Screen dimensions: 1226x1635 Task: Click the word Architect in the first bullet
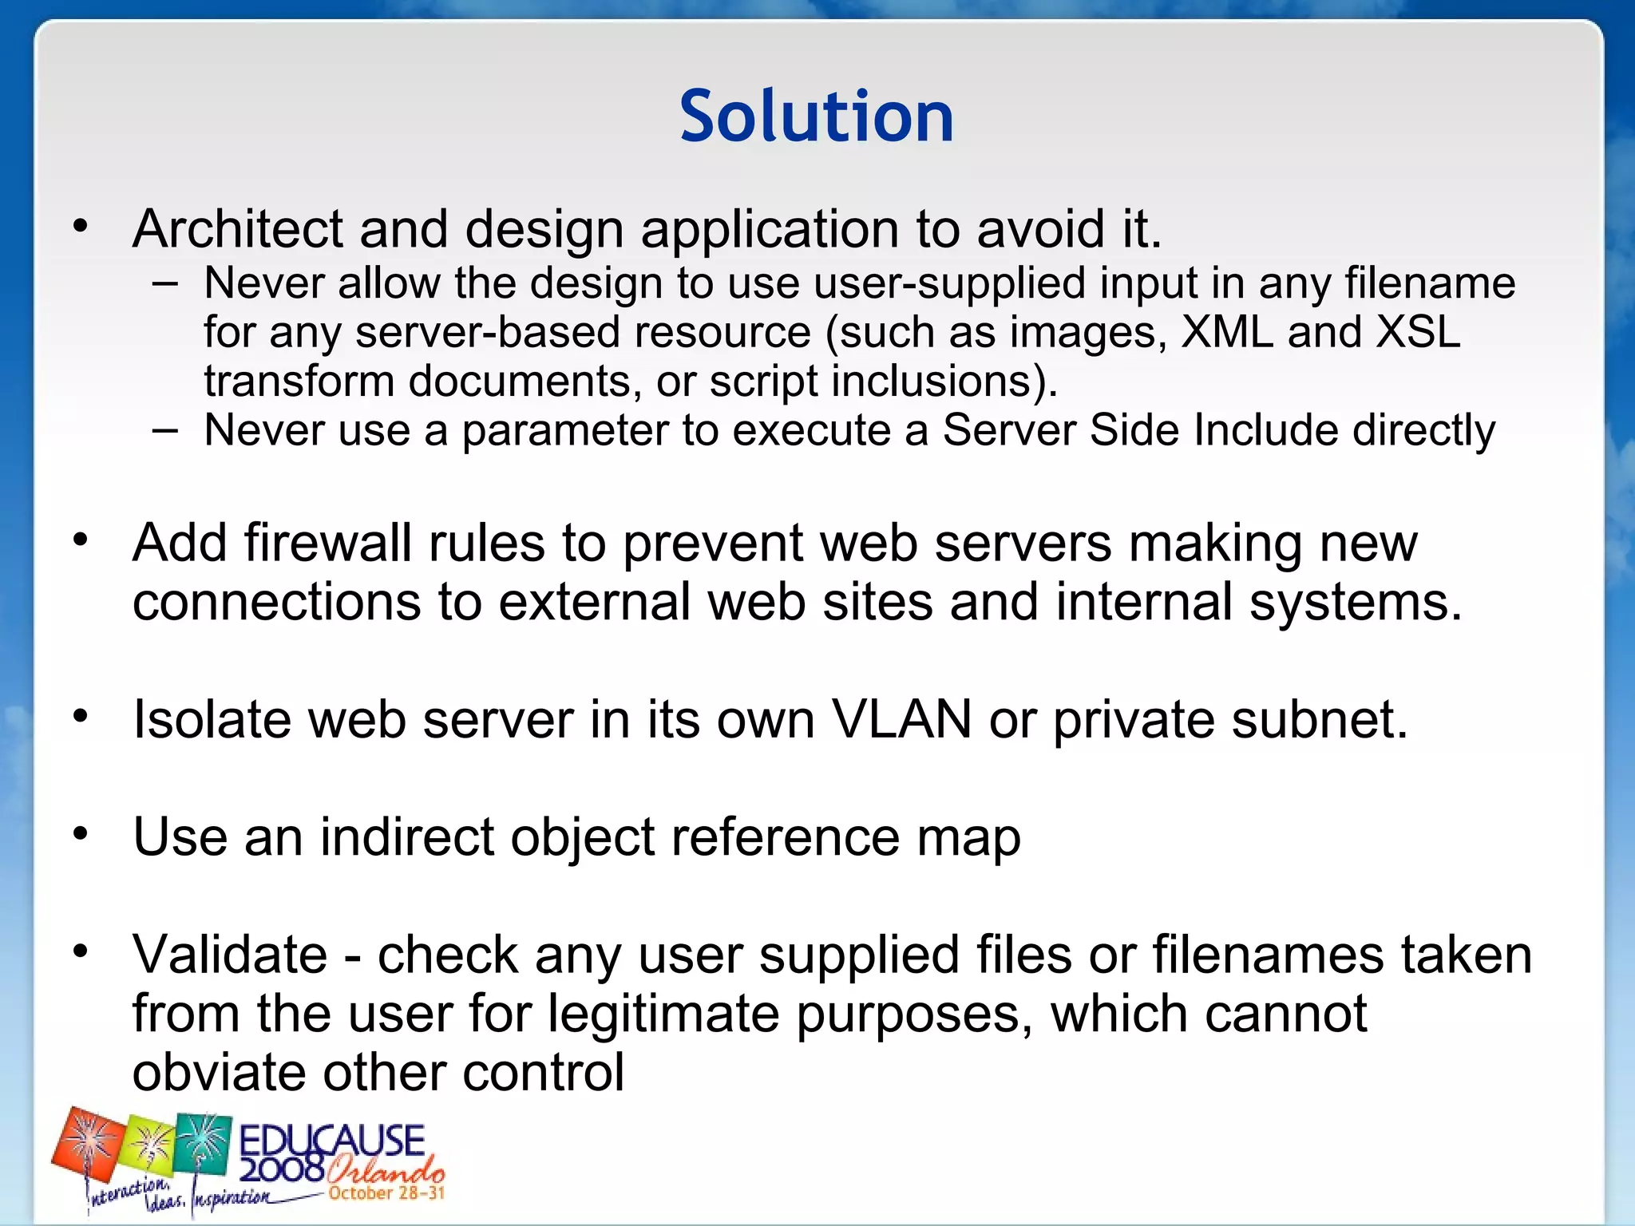click(237, 230)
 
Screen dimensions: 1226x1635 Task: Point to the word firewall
click(327, 544)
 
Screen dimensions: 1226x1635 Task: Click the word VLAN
click(901, 719)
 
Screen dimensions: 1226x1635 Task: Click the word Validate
click(230, 955)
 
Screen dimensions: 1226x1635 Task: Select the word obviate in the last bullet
click(218, 1072)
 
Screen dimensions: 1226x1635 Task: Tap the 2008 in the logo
click(281, 1170)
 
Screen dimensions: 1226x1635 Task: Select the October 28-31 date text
click(386, 1193)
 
